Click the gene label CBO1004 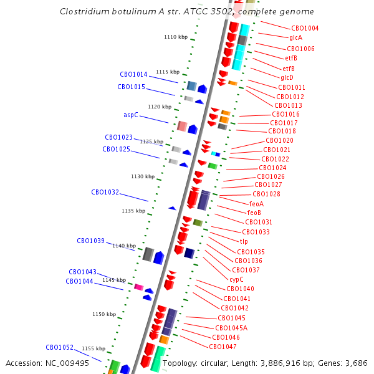[305, 28]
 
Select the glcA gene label [295, 38]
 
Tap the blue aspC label [131, 115]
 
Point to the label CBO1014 [133, 74]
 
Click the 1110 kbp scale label [176, 37]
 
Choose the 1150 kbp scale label [104, 315]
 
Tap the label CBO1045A [231, 328]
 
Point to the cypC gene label [236, 279]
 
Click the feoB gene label [254, 213]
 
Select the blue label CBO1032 [105, 193]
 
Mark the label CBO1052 [59, 348]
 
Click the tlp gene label [244, 241]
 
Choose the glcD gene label [287, 77]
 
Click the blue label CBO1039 [90, 241]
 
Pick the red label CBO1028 [266, 194]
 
